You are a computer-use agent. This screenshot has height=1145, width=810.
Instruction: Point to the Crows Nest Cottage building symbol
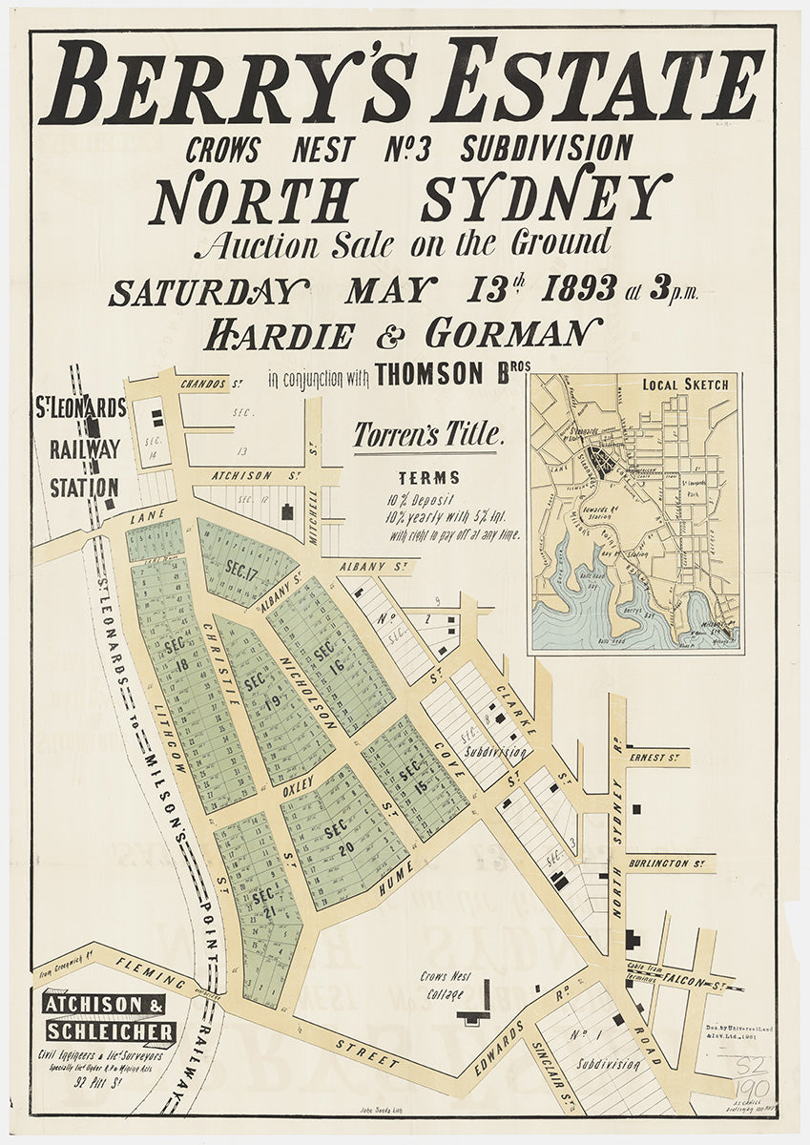pyautogui.click(x=474, y=1013)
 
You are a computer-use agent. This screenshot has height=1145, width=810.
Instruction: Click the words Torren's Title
pyautogui.click(x=427, y=435)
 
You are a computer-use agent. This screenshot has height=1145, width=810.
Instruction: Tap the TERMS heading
pyautogui.click(x=428, y=477)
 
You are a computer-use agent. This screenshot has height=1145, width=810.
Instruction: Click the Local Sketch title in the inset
pyautogui.click(x=685, y=385)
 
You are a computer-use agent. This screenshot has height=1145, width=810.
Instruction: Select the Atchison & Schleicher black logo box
pyautogui.click(x=108, y=1018)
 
